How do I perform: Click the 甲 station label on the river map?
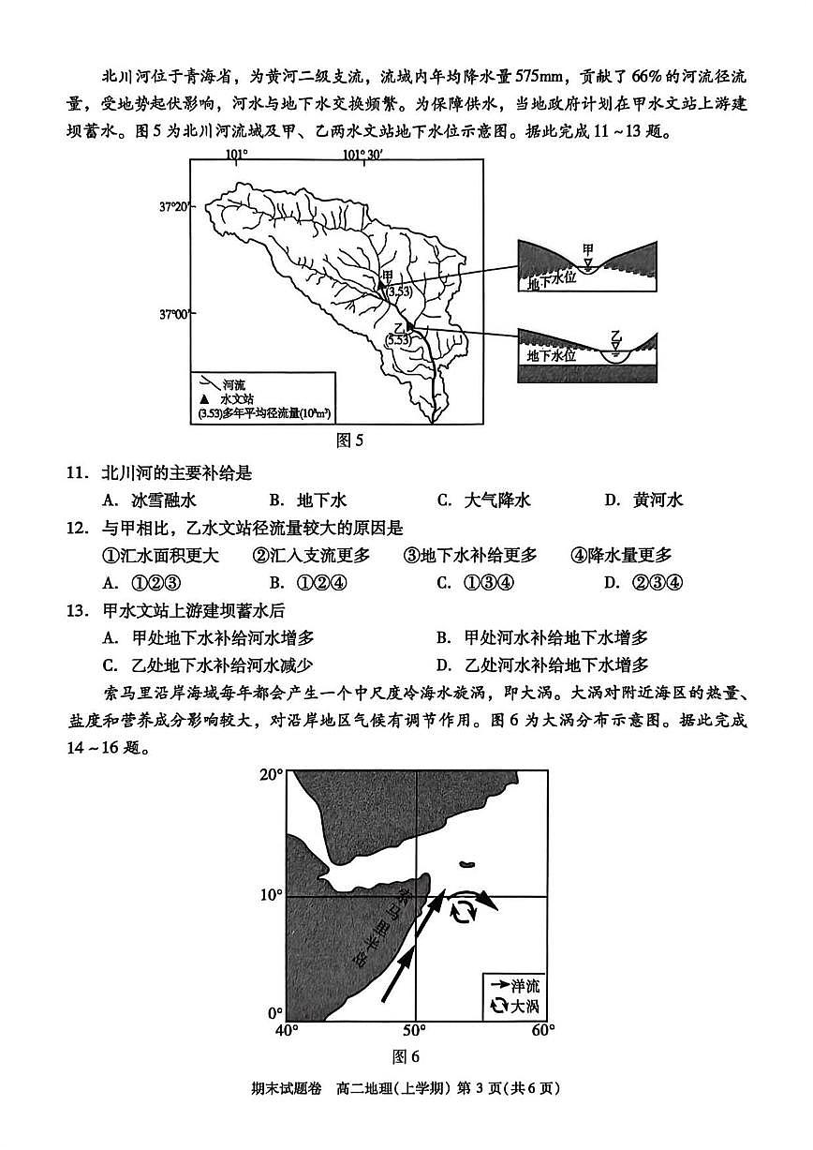click(388, 276)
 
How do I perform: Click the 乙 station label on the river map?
click(398, 326)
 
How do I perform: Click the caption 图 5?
click(347, 440)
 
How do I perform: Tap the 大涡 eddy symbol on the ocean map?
click(463, 911)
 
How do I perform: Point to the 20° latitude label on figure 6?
click(271, 776)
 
